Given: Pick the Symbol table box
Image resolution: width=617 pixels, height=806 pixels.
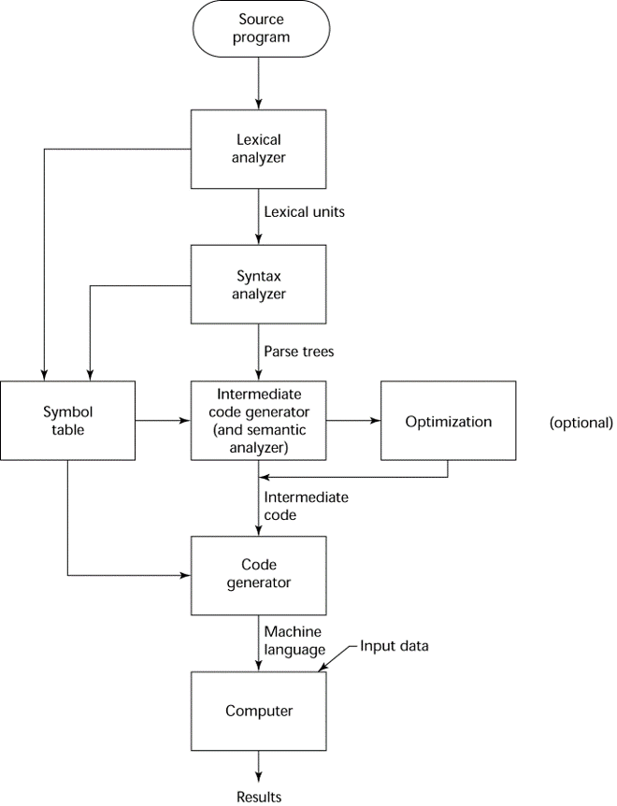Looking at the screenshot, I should click(68, 421).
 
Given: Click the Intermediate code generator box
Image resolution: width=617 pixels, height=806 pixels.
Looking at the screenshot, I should click(259, 421).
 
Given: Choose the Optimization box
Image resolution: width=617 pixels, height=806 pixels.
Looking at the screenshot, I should click(448, 421).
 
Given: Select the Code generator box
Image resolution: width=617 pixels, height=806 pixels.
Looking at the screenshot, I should click(259, 574).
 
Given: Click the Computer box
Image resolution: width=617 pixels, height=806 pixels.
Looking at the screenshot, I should click(259, 711).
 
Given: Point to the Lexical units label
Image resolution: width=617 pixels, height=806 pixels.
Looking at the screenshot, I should click(304, 212).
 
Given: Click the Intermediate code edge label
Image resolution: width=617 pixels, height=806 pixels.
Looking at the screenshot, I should click(305, 506).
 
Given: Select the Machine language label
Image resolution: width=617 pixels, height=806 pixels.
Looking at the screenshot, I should click(294, 640).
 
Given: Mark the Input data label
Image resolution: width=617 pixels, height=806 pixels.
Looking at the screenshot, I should click(395, 645).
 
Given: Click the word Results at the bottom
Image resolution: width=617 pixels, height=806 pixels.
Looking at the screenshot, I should click(259, 797).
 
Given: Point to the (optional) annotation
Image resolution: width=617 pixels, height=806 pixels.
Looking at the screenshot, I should click(581, 422).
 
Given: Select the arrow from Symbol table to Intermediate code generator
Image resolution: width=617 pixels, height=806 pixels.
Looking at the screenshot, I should click(164, 421).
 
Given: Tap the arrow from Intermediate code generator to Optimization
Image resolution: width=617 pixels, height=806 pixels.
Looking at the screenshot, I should click(353, 421).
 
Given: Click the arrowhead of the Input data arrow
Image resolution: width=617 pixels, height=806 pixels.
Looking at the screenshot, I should click(323, 667).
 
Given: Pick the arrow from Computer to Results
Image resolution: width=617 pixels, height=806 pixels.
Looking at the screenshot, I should click(259, 767).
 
